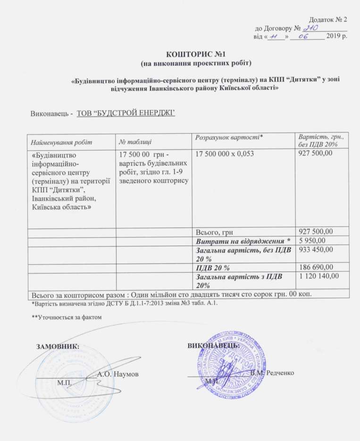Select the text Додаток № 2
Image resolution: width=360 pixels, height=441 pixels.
[x=328, y=20]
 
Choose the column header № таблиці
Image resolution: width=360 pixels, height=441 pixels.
[x=135, y=141]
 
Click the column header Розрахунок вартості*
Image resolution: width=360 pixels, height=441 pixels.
[x=228, y=137]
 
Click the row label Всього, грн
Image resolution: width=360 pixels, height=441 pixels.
[x=214, y=231]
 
